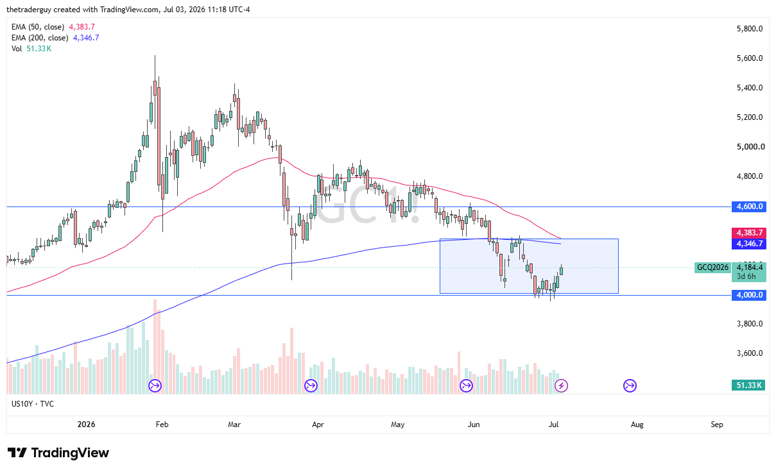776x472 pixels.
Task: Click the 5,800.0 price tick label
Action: click(x=750, y=29)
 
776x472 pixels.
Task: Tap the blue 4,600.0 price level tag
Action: click(x=748, y=206)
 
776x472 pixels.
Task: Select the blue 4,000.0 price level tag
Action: click(x=748, y=295)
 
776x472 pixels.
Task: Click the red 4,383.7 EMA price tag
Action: click(x=748, y=233)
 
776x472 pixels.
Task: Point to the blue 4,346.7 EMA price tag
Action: click(x=748, y=244)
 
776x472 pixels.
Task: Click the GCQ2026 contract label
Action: click(x=712, y=267)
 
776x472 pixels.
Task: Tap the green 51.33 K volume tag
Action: click(x=748, y=385)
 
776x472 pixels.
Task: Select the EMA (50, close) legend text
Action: click(x=38, y=27)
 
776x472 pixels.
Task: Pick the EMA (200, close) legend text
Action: click(x=40, y=38)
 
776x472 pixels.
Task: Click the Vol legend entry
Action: click(x=17, y=49)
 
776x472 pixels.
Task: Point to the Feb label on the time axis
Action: click(x=162, y=425)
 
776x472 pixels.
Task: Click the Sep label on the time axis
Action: click(x=717, y=425)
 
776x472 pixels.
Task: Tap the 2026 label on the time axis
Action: click(x=86, y=425)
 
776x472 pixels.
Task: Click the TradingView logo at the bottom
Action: click(x=58, y=453)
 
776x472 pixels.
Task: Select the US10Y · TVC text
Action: click(x=33, y=404)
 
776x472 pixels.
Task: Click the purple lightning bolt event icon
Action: click(x=561, y=385)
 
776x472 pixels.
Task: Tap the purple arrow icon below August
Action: click(x=630, y=385)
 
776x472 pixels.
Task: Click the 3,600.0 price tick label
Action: click(x=750, y=353)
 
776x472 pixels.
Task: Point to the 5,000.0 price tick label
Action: click(x=750, y=147)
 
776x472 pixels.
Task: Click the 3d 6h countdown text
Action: click(x=746, y=276)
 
